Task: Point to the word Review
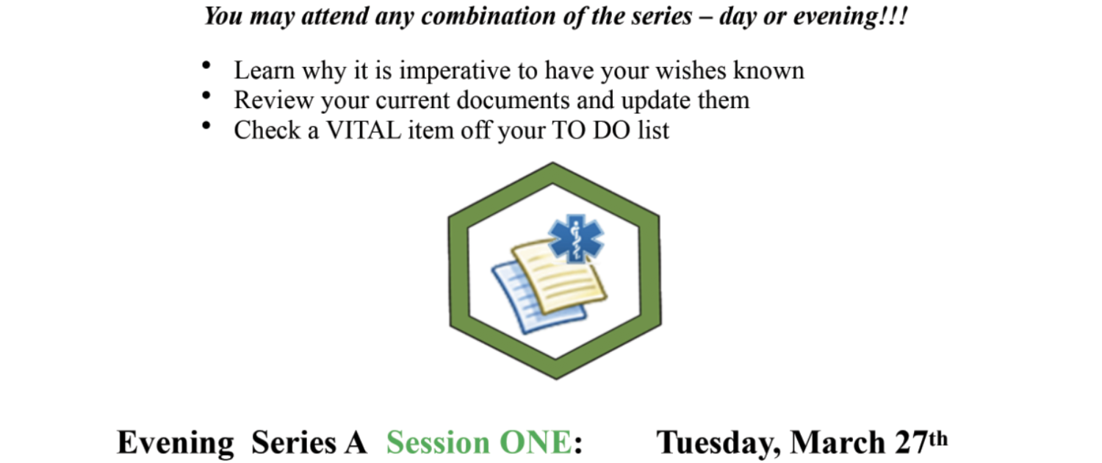click(x=273, y=100)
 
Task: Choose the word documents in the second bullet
click(x=513, y=100)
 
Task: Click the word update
click(x=656, y=101)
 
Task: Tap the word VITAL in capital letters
click(x=364, y=130)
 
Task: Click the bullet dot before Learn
click(x=206, y=65)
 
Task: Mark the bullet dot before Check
click(x=206, y=126)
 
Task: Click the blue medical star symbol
click(x=575, y=238)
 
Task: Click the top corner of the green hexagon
click(x=552, y=162)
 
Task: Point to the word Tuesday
click(x=719, y=443)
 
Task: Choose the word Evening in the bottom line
click(x=175, y=443)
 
